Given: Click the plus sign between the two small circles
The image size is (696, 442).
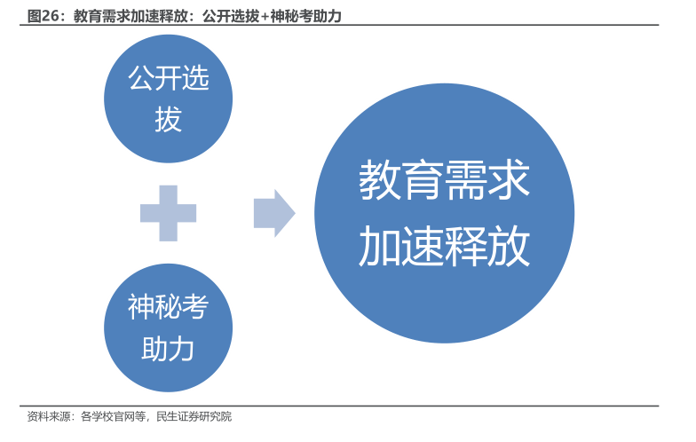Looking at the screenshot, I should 168,213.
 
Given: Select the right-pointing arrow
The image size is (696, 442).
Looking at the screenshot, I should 273,213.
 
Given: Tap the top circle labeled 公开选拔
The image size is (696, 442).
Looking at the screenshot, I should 168,99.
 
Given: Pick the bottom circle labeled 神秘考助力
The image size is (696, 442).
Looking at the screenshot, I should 168,328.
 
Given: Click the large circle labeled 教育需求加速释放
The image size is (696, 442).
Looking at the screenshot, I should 444,213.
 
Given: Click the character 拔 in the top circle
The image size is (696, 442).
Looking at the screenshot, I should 168,119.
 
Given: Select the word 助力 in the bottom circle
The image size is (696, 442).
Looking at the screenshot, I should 168,349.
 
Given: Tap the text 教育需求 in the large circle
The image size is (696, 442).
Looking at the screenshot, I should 444,180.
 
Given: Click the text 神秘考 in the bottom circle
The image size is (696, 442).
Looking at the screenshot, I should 168,307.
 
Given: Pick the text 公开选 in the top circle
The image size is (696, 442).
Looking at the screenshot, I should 168,79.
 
